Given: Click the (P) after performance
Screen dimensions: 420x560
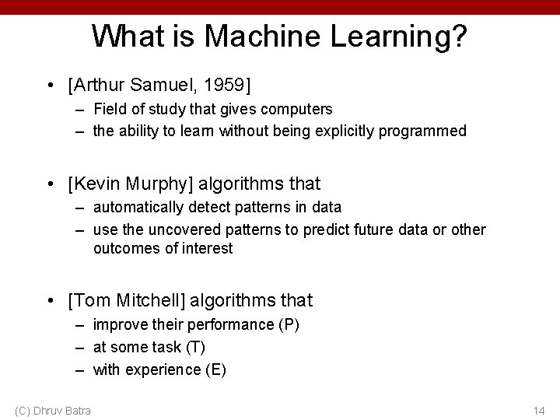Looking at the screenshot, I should (x=289, y=324).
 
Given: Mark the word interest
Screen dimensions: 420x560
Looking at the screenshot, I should (x=208, y=248).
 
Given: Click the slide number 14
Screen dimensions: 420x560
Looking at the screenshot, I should (x=539, y=410).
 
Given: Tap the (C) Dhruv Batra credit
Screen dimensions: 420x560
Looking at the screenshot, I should (x=52, y=410).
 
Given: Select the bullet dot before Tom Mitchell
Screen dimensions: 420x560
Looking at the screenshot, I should (x=51, y=301).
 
